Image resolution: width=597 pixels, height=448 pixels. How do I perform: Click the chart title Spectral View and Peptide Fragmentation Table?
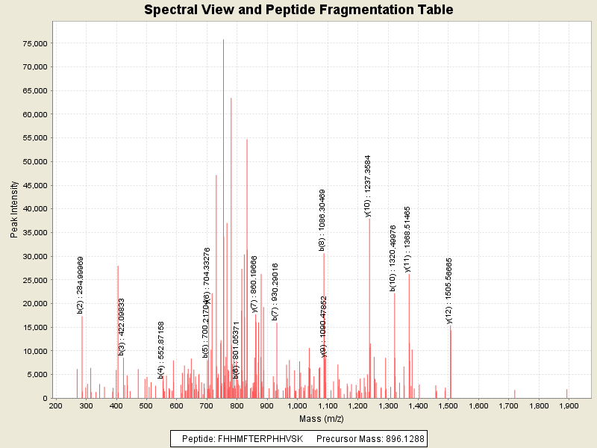298,10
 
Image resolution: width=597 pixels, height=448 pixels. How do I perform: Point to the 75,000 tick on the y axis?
34,43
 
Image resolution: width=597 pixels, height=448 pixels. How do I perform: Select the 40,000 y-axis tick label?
34,209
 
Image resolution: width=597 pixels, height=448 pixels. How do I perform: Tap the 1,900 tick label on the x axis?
568,405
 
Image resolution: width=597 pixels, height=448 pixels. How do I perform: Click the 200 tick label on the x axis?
55,405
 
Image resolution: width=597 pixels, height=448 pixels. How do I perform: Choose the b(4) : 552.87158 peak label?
161,350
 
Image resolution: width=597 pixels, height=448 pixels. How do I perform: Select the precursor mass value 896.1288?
396,439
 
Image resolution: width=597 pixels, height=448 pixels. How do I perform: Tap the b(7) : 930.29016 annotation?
275,291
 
